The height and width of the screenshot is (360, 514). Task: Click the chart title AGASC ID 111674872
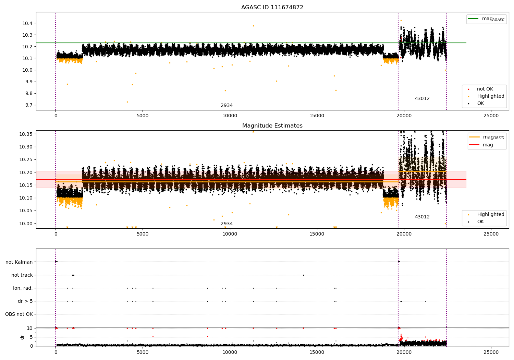pyautogui.click(x=272, y=8)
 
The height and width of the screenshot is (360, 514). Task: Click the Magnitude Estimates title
pyautogui.click(x=272, y=126)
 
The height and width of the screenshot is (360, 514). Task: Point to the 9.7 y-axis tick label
pyautogui.click(x=28, y=105)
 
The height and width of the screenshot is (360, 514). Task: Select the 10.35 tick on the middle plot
pyautogui.click(x=26, y=134)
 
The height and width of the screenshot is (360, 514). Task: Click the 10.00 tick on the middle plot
pyautogui.click(x=26, y=224)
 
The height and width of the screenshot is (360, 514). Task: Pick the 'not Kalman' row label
pyautogui.click(x=19, y=262)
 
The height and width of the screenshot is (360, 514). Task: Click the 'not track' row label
pyautogui.click(x=22, y=275)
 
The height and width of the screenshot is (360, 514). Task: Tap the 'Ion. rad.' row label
pyautogui.click(x=23, y=288)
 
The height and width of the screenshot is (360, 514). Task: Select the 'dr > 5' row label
pyautogui.click(x=25, y=301)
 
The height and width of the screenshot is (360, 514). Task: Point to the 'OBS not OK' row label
pyautogui.click(x=19, y=314)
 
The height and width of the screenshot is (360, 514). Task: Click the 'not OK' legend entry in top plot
pyautogui.click(x=485, y=89)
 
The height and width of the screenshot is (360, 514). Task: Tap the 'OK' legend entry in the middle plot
pyautogui.click(x=480, y=222)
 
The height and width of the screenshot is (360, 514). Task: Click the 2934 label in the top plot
pyautogui.click(x=227, y=106)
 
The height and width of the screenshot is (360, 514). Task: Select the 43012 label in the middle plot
pyautogui.click(x=422, y=217)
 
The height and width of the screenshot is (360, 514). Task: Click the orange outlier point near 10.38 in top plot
pyautogui.click(x=253, y=26)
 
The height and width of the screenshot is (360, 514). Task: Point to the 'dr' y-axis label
pyautogui.click(x=22, y=337)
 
